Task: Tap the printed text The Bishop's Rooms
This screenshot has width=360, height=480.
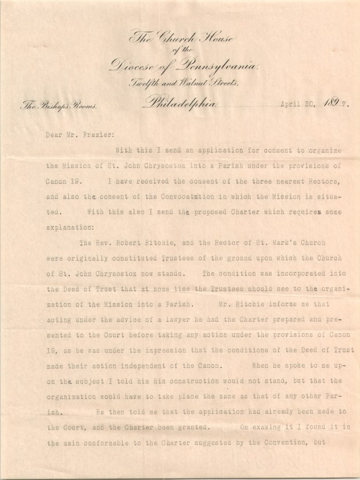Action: pos(50,106)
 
